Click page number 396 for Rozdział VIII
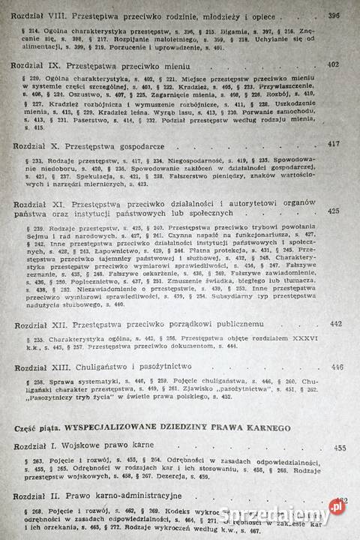pos(334,14)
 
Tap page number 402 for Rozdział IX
pos(334,65)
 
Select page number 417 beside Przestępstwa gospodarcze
pos(334,142)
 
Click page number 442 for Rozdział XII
pos(335,324)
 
